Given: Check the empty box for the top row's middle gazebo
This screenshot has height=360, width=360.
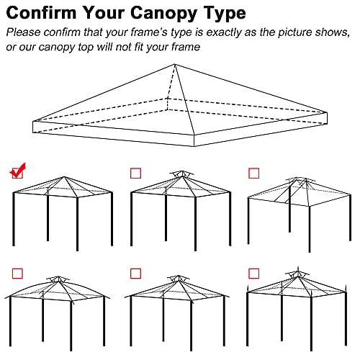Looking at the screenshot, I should click(135, 173).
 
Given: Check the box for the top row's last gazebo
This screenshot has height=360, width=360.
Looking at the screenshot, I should click(253, 173).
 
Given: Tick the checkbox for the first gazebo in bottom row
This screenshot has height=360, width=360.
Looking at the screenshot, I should click(17, 274).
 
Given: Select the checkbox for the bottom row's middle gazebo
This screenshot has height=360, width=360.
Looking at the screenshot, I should click(135, 274).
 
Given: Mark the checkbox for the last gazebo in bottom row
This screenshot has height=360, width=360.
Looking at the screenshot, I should click(253, 274).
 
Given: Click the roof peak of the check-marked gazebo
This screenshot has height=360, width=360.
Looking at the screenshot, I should click(61, 175).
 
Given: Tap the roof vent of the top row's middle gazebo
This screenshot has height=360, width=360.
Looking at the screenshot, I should click(180, 174).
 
